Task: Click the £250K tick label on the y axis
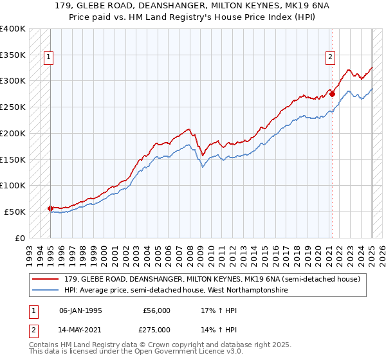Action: pos(12,107)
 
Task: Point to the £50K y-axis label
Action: pos(15,212)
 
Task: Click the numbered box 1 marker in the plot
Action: pos(48,57)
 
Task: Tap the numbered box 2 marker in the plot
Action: pos(330,57)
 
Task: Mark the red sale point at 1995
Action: pos(50,208)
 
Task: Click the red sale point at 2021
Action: pos(333,94)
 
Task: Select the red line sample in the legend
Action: pos(46,279)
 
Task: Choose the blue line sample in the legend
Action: pos(46,290)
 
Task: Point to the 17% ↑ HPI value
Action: pos(219,310)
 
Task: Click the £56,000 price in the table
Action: pos(157,310)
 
